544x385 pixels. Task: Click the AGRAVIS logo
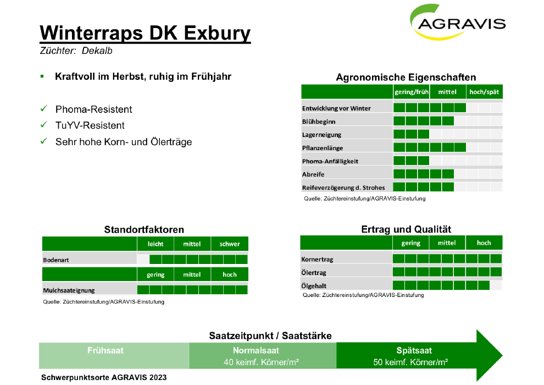[x=458, y=22]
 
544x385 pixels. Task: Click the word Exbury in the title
[x=217, y=34]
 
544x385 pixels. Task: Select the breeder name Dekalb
[x=97, y=51]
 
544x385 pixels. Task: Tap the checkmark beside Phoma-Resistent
[x=44, y=109]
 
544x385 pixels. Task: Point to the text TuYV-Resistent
[x=90, y=125]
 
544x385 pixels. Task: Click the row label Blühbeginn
[x=319, y=122]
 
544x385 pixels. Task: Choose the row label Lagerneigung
[x=321, y=135]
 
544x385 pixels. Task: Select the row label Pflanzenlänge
[x=323, y=148]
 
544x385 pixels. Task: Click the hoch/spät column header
[x=484, y=92]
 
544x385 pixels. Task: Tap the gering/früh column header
[x=412, y=92]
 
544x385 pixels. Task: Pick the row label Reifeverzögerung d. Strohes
[x=343, y=188]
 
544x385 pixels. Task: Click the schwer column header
[x=230, y=244]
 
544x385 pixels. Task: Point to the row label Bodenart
[x=56, y=260]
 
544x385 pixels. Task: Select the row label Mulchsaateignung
[x=69, y=290]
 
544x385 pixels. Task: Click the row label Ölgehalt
[x=314, y=286]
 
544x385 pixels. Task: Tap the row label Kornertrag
[x=317, y=260]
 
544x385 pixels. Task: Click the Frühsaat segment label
[x=106, y=351]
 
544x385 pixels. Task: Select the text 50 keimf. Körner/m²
[x=410, y=362]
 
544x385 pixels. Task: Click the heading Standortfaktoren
[x=144, y=229]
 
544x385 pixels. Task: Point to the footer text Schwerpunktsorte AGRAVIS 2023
[x=104, y=377]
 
